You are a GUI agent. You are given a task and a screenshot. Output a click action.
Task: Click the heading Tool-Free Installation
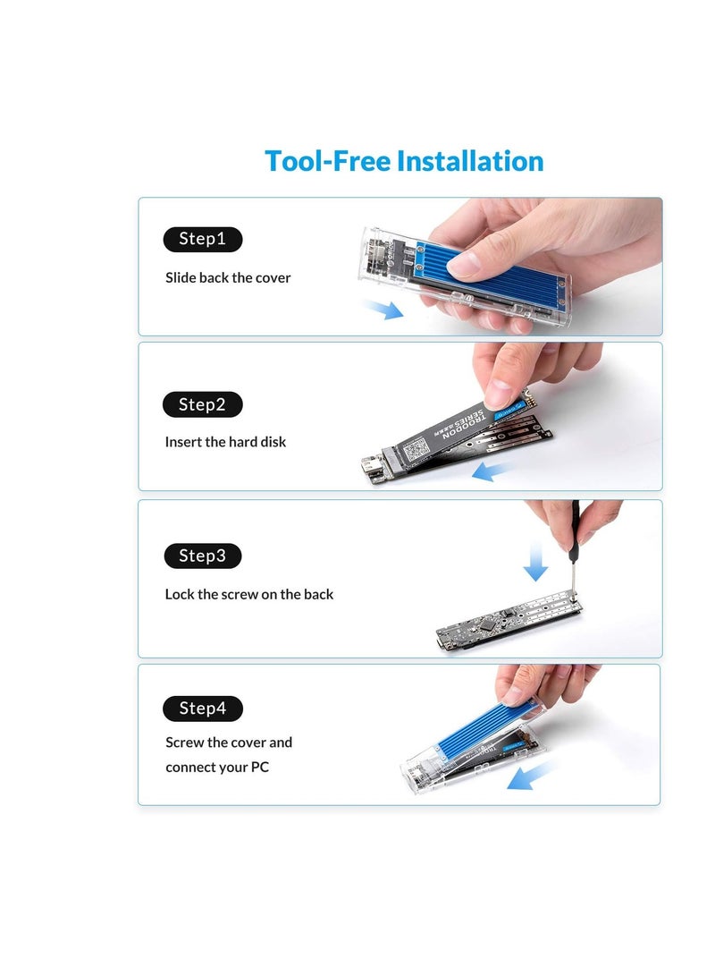(x=404, y=162)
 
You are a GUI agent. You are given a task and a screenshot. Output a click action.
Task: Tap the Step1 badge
(x=203, y=239)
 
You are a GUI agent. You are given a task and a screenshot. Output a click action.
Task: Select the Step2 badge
(x=203, y=404)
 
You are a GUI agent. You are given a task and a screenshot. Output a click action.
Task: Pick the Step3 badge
(x=203, y=556)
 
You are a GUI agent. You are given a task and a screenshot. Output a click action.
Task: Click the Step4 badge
(x=203, y=709)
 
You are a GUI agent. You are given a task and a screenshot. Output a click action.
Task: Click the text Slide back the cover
(x=228, y=277)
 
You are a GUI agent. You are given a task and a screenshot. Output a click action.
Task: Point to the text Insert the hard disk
(x=225, y=442)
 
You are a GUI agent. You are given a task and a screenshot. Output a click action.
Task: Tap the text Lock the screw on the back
(x=249, y=594)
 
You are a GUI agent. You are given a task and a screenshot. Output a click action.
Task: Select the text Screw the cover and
(x=229, y=743)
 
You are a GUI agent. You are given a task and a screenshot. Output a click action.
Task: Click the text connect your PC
(x=217, y=768)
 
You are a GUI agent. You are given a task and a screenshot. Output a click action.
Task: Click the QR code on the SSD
(x=416, y=451)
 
